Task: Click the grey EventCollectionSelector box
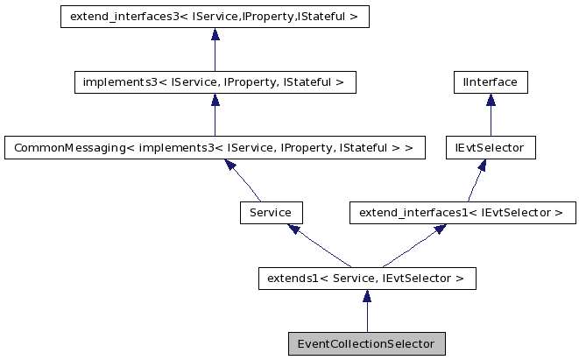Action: (366, 343)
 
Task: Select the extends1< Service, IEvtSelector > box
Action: (366, 279)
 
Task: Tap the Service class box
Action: (271, 212)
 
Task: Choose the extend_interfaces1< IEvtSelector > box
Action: (462, 212)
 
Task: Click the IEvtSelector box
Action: (490, 147)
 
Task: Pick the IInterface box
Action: (490, 82)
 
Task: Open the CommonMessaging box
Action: (215, 147)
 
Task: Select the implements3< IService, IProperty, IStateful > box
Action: (215, 82)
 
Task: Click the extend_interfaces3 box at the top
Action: (215, 17)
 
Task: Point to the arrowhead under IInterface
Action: (490, 101)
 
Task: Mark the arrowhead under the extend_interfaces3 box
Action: (215, 35)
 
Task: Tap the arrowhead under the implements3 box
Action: (215, 101)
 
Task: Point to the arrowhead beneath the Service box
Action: (294, 229)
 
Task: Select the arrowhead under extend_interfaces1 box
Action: (440, 229)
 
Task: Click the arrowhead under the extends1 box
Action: (366, 297)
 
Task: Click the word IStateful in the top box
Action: (326, 17)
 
